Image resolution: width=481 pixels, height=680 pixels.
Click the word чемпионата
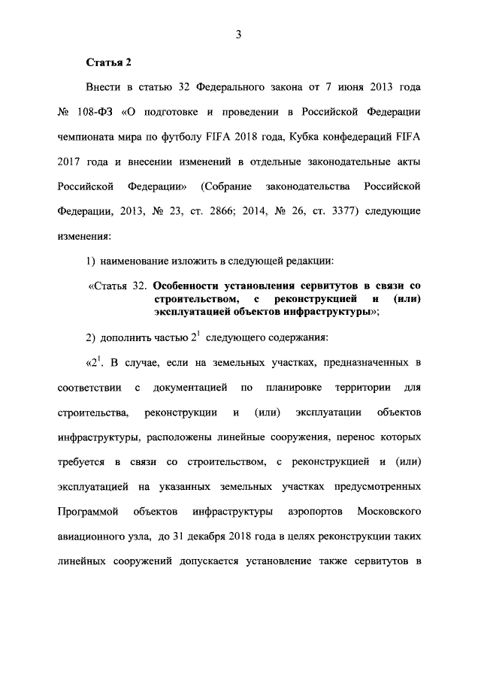(x=89, y=137)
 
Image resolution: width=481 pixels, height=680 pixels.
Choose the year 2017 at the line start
(x=70, y=162)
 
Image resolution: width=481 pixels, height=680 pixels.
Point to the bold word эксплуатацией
(x=190, y=311)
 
